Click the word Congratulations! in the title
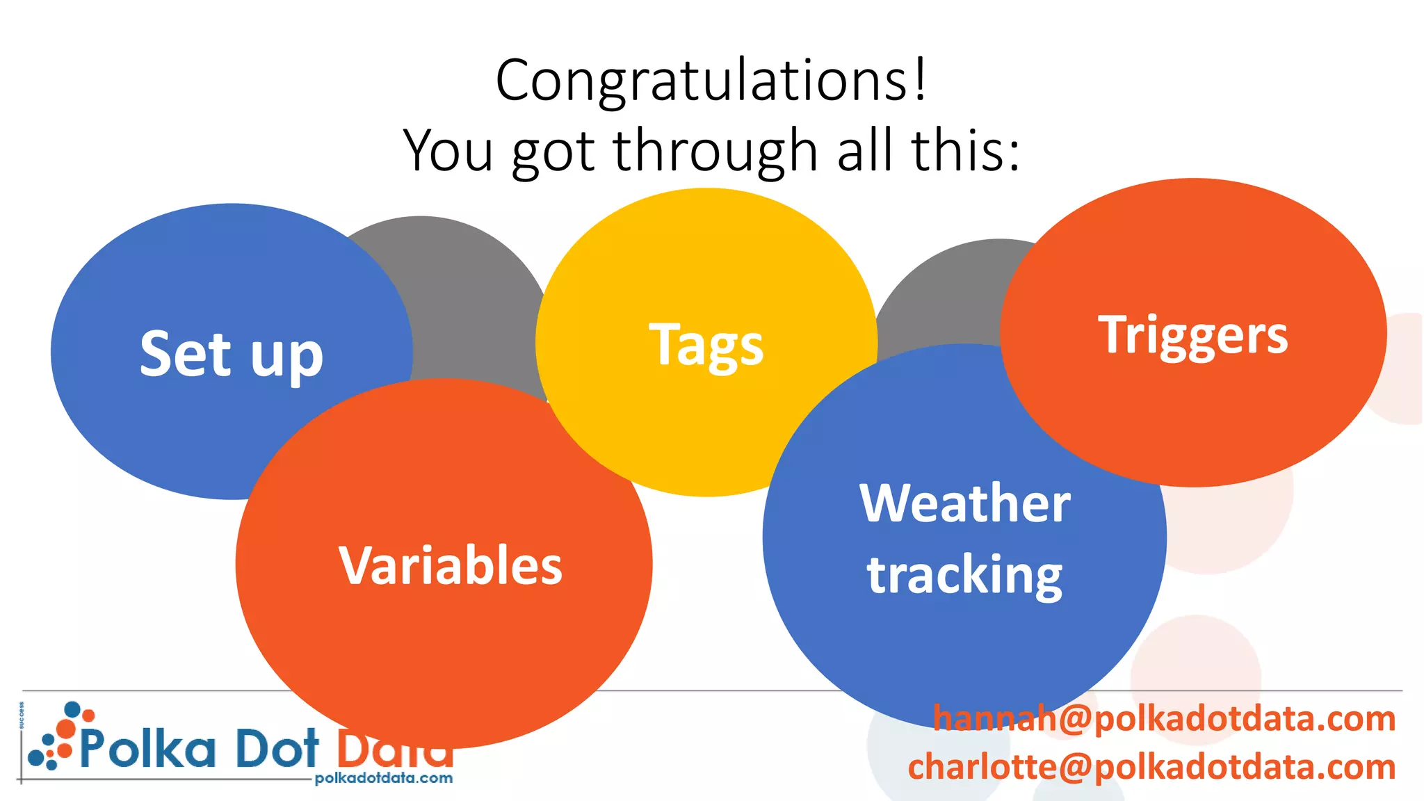[x=711, y=81]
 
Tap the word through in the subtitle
[x=715, y=152]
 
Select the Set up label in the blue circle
[x=232, y=355]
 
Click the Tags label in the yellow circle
[x=706, y=345]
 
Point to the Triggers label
[x=1192, y=336]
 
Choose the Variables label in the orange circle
[x=451, y=565]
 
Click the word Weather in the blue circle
[x=964, y=503]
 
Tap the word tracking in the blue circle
[x=964, y=576]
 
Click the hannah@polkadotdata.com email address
[x=1164, y=718]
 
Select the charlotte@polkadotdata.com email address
[x=1151, y=767]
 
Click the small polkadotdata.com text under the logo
[x=383, y=778]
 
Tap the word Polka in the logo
[x=147, y=749]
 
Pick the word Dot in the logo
[x=277, y=749]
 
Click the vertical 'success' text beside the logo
[x=22, y=715]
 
